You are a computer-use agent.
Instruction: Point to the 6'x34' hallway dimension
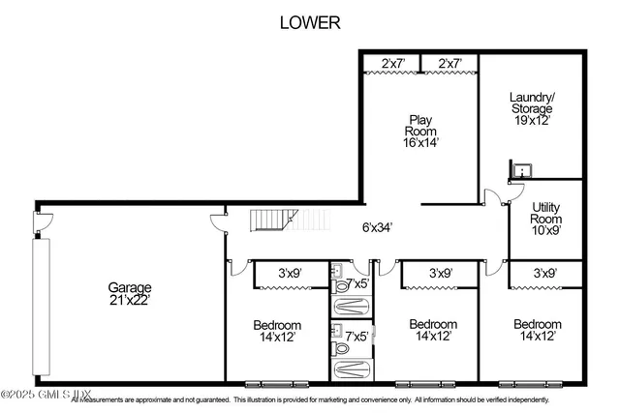(x=371, y=228)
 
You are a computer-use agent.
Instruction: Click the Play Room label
(x=421, y=125)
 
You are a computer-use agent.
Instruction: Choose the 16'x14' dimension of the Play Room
(x=421, y=142)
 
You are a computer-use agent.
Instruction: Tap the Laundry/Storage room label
(x=531, y=103)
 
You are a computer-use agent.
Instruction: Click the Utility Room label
(x=546, y=213)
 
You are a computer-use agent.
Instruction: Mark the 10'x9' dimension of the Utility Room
(x=546, y=232)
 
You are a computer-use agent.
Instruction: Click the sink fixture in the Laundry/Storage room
(x=521, y=170)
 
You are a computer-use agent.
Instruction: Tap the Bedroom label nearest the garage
(x=277, y=324)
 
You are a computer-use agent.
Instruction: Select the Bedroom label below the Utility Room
(x=537, y=324)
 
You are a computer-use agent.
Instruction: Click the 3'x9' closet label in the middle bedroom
(x=441, y=274)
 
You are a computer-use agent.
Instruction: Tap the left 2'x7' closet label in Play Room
(x=393, y=64)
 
